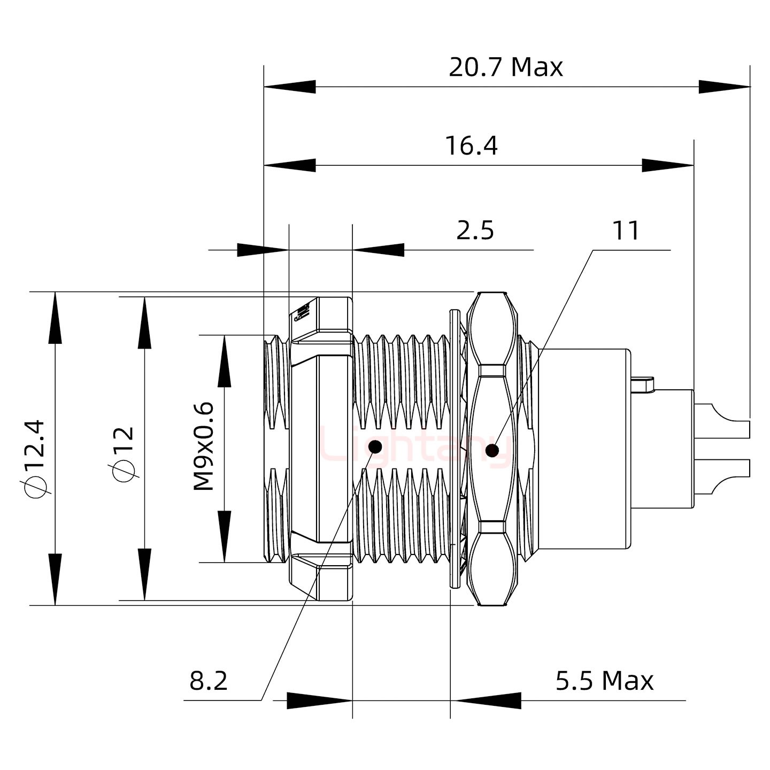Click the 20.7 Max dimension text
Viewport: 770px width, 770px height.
[x=505, y=68]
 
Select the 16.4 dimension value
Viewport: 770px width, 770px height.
[x=471, y=147]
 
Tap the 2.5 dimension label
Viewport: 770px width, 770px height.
[x=475, y=231]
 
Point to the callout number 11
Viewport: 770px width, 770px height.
[x=626, y=231]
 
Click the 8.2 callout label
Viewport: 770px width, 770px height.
[x=209, y=681]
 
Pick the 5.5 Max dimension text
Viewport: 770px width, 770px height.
[x=604, y=681]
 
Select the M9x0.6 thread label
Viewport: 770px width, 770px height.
[x=204, y=447]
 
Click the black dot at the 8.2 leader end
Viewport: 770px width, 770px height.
[x=375, y=447]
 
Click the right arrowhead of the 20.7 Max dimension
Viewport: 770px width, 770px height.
[x=725, y=87]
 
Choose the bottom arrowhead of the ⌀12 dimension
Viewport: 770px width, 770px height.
[x=144, y=574]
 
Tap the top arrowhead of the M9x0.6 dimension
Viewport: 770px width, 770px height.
[x=225, y=360]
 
